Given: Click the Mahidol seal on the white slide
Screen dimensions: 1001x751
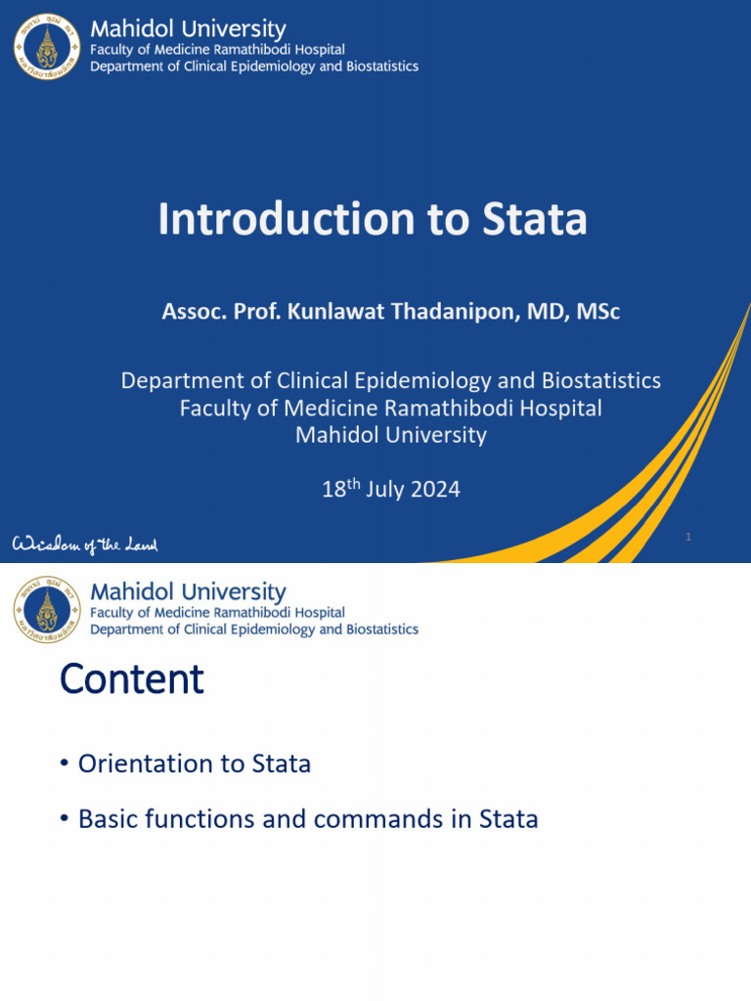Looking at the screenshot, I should click(x=48, y=609).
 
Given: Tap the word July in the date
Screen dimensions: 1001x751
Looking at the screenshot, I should click(x=382, y=489).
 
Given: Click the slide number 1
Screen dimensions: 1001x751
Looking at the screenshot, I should click(x=688, y=537).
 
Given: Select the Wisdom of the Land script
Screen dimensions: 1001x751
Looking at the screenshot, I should click(x=85, y=544).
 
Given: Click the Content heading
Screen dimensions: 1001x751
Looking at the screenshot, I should click(x=131, y=678).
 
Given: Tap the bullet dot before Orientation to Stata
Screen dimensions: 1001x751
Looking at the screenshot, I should click(x=65, y=764).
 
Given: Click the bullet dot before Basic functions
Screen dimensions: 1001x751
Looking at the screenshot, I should click(x=65, y=819).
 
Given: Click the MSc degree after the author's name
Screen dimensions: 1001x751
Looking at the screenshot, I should click(x=598, y=312).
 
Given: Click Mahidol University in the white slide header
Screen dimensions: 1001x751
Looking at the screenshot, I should click(x=188, y=591).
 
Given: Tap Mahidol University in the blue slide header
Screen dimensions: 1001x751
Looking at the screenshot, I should click(x=188, y=29).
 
